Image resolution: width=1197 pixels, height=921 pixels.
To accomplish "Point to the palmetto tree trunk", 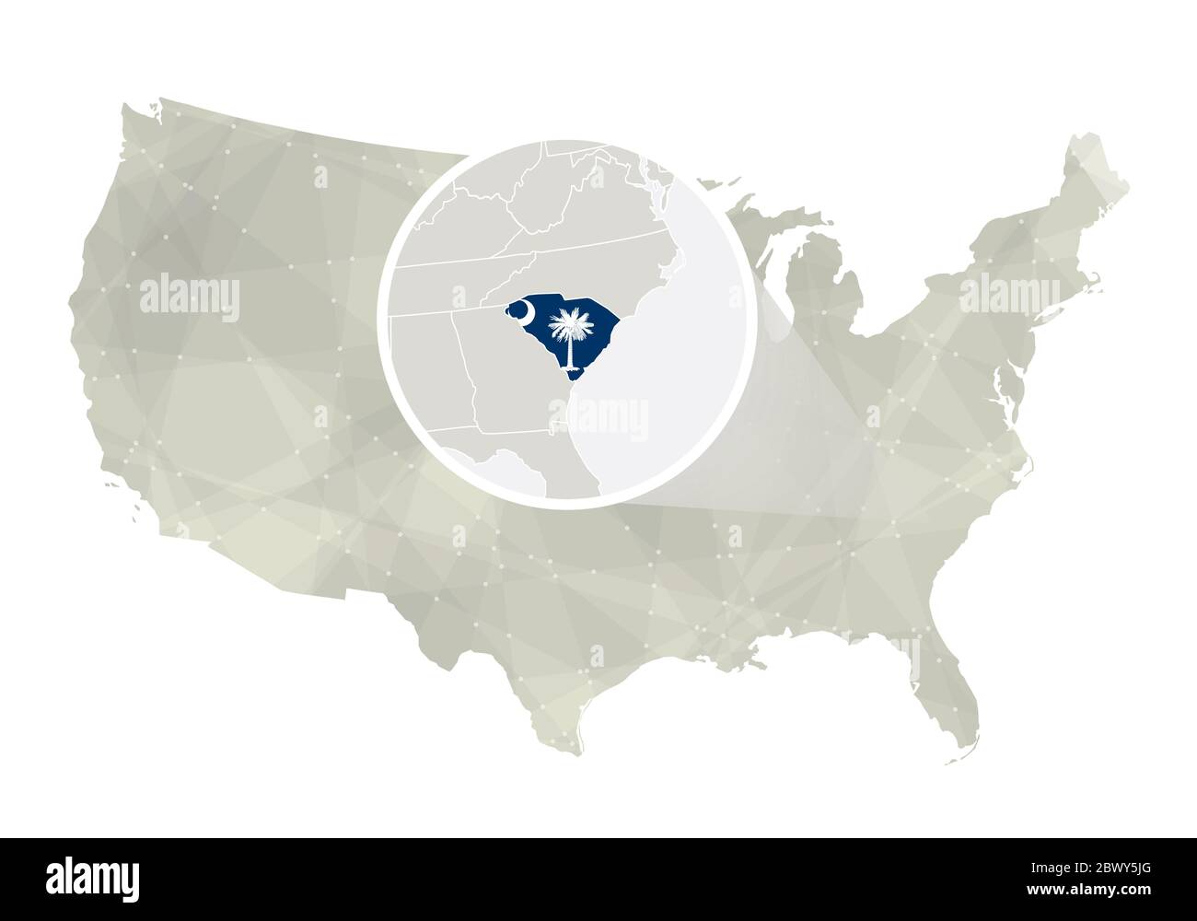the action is (569, 350).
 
